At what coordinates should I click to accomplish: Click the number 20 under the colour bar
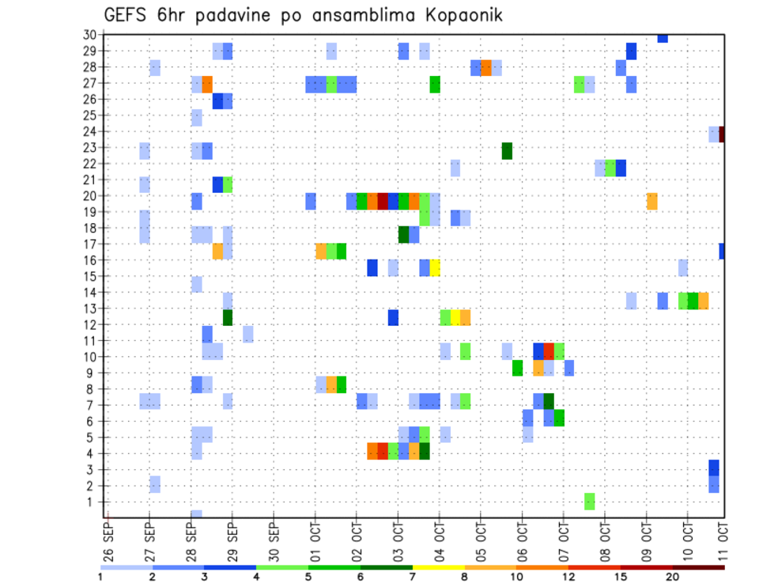[672, 578]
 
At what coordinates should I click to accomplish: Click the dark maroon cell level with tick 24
[722, 134]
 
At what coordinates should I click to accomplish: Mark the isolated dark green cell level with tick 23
[507, 150]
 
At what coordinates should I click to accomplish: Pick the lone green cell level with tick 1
[589, 501]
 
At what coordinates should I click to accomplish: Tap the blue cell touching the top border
[663, 38]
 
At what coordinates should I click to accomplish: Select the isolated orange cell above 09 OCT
[651, 201]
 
